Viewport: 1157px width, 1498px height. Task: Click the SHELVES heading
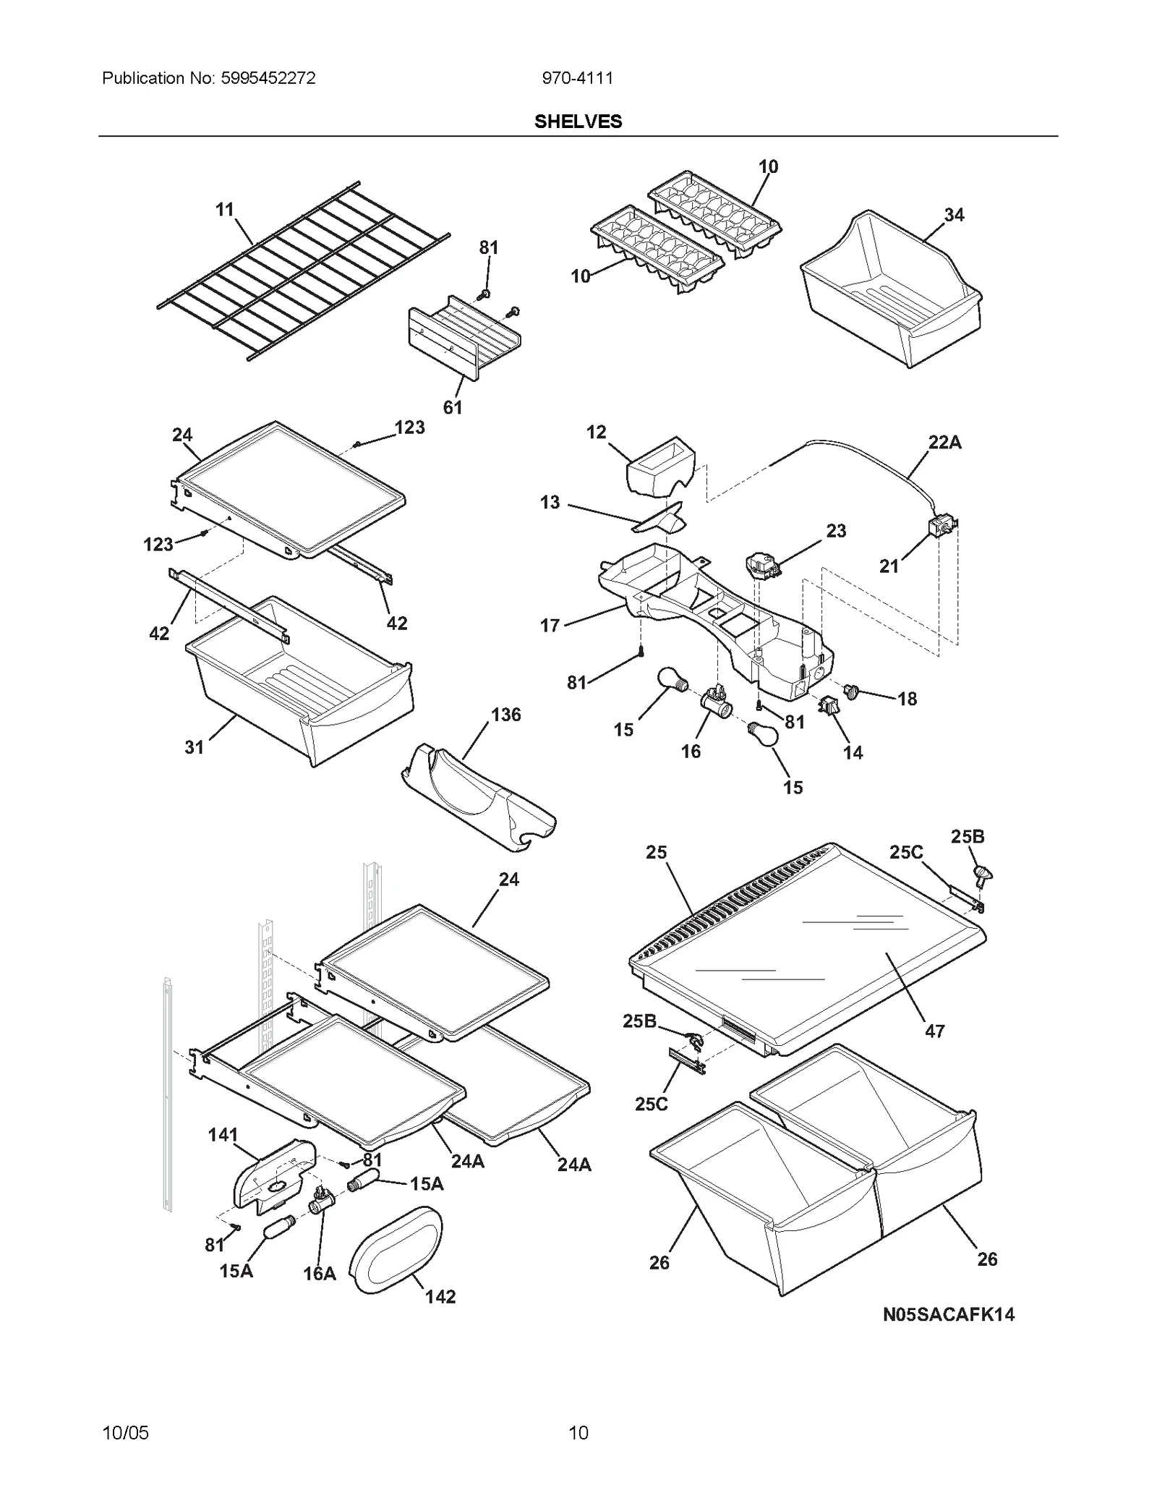tap(578, 122)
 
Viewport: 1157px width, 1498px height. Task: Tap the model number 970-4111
tap(577, 78)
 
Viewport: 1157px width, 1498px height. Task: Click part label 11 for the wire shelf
tap(225, 210)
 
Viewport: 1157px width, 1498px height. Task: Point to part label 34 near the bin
tap(954, 215)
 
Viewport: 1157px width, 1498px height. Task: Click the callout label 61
tap(453, 408)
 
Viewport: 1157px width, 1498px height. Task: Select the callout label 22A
tap(944, 443)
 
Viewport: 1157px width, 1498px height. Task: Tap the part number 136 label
tap(505, 715)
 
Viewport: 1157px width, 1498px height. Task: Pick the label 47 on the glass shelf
tap(934, 1031)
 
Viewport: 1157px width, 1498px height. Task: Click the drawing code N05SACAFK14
tap(948, 1315)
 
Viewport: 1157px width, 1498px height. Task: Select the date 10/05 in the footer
tap(126, 1432)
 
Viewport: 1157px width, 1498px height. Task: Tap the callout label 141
tap(223, 1135)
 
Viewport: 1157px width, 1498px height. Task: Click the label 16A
tap(320, 1274)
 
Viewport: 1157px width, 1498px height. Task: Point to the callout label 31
tap(194, 747)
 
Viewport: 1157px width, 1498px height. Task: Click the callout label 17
tap(550, 625)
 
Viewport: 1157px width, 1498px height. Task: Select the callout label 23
tap(836, 531)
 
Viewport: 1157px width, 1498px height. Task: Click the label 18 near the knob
tap(907, 699)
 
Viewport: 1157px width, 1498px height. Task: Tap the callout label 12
tap(596, 433)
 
